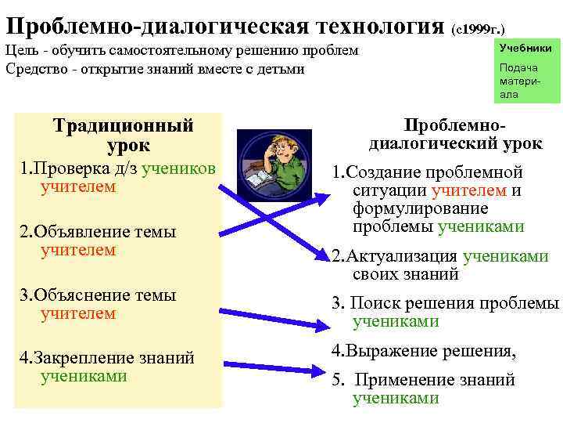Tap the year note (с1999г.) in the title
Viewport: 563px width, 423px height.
pyautogui.click(x=482, y=28)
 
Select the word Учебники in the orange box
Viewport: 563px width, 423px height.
pyautogui.click(x=525, y=49)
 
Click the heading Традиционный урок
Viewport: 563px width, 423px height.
pyautogui.click(x=123, y=135)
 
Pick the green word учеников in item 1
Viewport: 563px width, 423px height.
pyautogui.click(x=183, y=168)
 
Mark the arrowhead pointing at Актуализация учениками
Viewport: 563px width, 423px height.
pyautogui.click(x=321, y=255)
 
